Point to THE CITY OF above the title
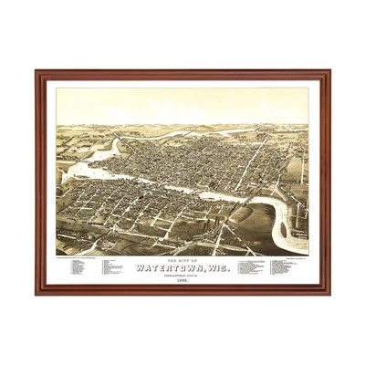pos(182,259)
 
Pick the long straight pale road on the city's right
pos(251,164)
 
